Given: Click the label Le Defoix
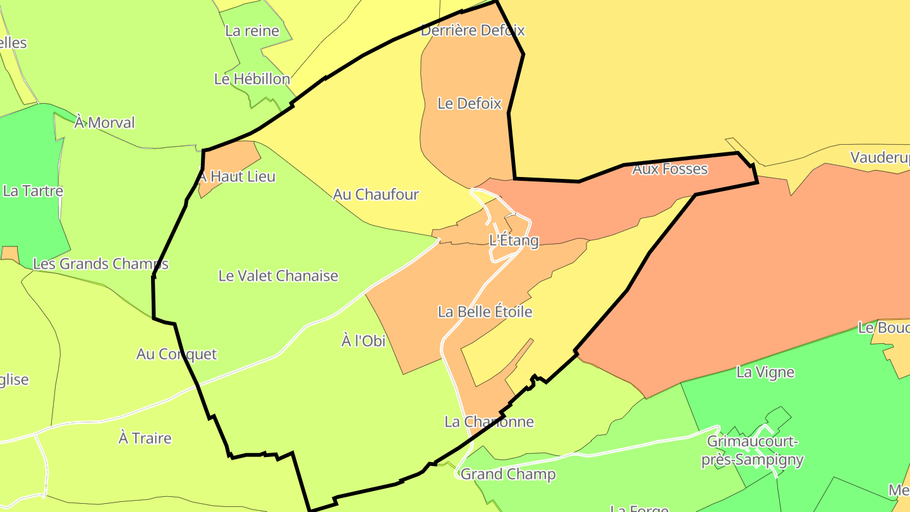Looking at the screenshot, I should click(x=470, y=104).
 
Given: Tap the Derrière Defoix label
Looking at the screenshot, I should click(x=473, y=30).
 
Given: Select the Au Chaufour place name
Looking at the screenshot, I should click(x=376, y=194).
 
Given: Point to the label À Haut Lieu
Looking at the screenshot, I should click(x=238, y=176).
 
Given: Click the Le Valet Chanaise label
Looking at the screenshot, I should click(x=278, y=276).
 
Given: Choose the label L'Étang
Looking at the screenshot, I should click(x=514, y=240).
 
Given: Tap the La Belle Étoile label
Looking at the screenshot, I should click(x=485, y=312).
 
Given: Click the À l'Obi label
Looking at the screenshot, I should click(x=363, y=341).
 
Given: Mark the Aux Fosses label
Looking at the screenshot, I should click(x=670, y=169).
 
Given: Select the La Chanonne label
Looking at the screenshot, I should click(x=489, y=422).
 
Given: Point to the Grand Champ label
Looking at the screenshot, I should click(x=508, y=474).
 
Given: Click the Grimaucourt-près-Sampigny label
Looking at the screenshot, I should click(x=753, y=450).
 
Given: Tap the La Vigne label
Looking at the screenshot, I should click(x=765, y=372).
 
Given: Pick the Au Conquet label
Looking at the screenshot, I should click(x=176, y=354).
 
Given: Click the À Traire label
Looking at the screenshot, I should click(x=145, y=437).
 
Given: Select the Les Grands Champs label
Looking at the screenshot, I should click(x=100, y=264).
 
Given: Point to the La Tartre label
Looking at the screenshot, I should click(x=33, y=191).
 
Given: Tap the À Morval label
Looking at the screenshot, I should click(x=104, y=122).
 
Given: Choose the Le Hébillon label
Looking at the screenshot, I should click(x=252, y=79).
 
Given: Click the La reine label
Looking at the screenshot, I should click(x=252, y=30).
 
